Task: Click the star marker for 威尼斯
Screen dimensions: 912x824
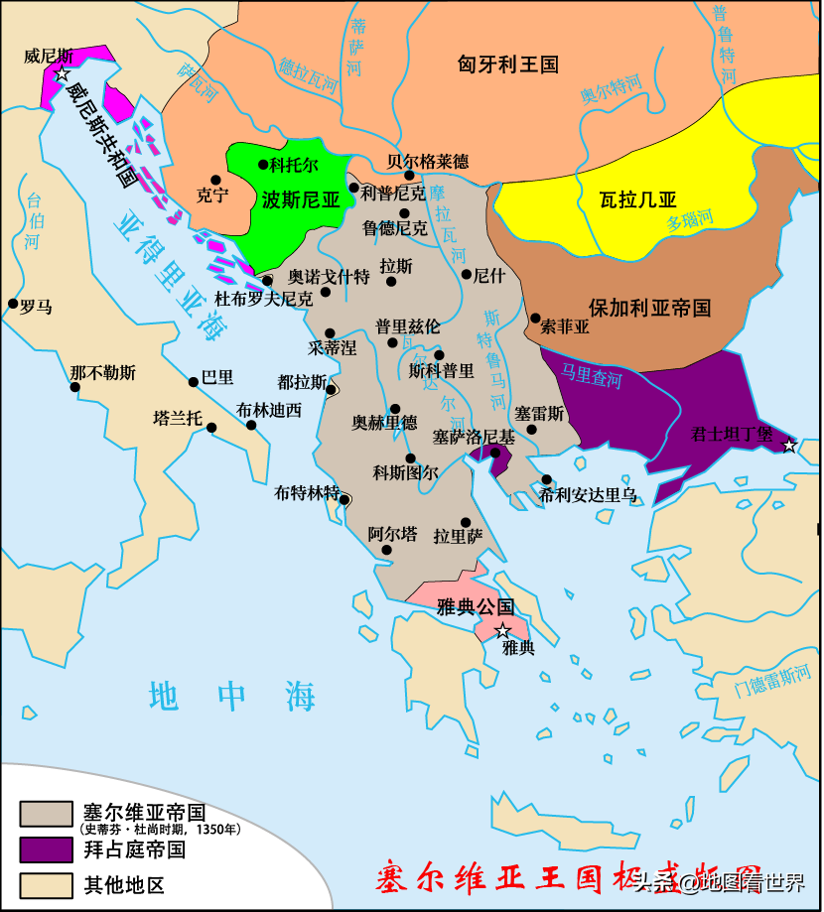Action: point(63,74)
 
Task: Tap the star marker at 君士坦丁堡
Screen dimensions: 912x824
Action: point(789,446)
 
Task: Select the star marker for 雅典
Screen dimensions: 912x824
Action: point(503,631)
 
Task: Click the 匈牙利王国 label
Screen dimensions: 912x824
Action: point(507,65)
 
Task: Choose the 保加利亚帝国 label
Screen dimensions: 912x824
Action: point(649,307)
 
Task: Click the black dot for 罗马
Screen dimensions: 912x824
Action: point(13,304)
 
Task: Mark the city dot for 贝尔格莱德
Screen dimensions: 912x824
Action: point(409,176)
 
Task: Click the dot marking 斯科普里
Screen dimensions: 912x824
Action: point(439,355)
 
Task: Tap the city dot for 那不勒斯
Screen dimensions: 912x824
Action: point(74,387)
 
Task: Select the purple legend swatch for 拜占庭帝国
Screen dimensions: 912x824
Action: point(46,849)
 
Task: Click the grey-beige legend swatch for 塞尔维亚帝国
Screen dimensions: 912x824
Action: point(46,814)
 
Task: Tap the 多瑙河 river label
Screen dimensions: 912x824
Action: point(689,219)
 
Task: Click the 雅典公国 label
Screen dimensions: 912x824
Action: point(475,607)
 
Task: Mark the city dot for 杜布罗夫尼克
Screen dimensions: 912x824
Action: point(267,281)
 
